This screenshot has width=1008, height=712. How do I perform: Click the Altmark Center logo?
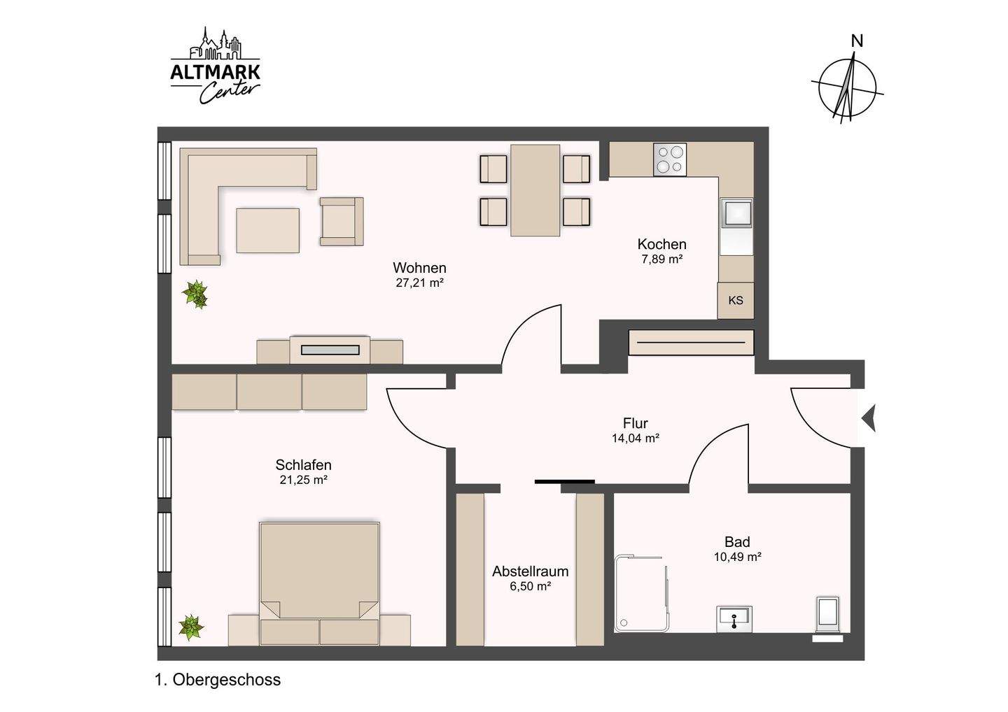[215, 66]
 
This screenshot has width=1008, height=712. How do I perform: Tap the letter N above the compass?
[857, 41]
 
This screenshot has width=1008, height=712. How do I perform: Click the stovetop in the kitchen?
[670, 159]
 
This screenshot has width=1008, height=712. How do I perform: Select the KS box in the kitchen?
[735, 300]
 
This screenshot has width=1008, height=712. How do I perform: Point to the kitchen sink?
[736, 212]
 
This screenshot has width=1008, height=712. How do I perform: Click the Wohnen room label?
[419, 268]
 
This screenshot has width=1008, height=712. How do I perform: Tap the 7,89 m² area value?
[662, 259]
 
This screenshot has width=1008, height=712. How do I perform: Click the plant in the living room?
[195, 294]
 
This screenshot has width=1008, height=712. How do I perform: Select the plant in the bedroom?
[191, 627]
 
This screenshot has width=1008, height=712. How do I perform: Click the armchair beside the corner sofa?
[342, 221]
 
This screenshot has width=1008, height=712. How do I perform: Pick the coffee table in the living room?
[267, 230]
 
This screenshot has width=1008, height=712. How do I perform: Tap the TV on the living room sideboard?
[330, 350]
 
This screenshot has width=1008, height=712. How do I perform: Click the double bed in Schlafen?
[319, 583]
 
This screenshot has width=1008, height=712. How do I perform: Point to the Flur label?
[636, 423]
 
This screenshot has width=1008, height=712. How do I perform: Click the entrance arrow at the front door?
[869, 418]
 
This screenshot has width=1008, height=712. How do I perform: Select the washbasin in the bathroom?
[734, 618]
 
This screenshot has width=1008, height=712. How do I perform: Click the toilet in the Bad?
[828, 615]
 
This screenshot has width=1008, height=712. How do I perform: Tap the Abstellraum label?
[530, 571]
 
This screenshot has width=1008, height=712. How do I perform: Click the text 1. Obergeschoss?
[218, 680]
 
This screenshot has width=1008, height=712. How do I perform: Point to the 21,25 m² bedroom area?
[303, 480]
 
